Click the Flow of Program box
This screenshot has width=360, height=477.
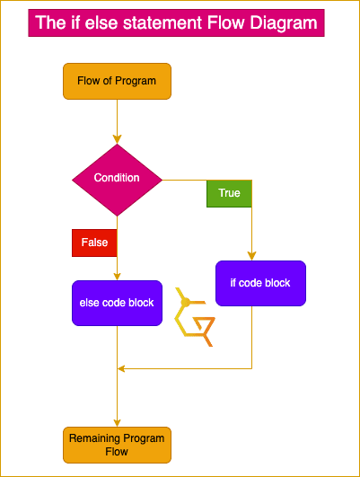click(x=117, y=81)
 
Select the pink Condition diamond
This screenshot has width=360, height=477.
click(x=117, y=180)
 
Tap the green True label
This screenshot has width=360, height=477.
click(x=229, y=193)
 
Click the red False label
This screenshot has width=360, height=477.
click(x=94, y=243)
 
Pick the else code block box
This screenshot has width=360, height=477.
click(x=117, y=303)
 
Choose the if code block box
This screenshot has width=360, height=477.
click(x=260, y=283)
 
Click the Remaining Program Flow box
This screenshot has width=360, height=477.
click(x=117, y=445)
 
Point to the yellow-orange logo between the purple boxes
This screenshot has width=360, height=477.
click(x=195, y=317)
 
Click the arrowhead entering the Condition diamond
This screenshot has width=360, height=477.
click(x=117, y=139)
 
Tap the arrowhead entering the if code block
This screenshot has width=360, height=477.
click(x=251, y=256)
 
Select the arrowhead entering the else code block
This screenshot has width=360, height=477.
click(x=117, y=276)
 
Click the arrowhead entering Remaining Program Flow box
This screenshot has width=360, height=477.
click(x=117, y=423)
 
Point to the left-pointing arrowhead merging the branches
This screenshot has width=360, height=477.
click(x=121, y=368)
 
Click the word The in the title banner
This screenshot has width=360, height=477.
click(x=50, y=22)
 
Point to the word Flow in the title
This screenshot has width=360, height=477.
click(x=225, y=22)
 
